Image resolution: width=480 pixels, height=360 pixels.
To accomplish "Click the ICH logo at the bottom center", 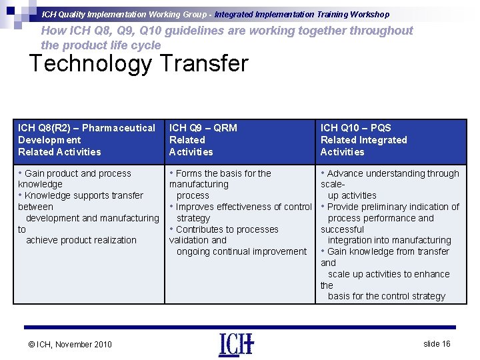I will [236, 344].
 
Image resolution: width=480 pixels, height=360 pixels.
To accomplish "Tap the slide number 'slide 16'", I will [437, 343].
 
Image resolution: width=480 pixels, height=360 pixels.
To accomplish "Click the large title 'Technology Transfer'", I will [139, 64].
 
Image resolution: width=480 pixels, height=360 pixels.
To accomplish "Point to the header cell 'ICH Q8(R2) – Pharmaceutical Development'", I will [87, 133].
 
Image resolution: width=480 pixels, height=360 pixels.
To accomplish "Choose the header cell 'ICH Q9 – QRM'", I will [203, 128].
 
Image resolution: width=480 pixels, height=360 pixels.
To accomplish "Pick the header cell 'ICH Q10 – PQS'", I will [356, 128].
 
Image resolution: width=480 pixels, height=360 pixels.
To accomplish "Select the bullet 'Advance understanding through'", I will [393, 173].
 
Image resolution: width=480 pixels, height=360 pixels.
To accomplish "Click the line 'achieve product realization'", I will [81, 240].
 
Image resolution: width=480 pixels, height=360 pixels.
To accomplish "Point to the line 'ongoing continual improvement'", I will [241, 251].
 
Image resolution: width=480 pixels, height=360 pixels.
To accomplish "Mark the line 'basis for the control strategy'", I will [386, 296].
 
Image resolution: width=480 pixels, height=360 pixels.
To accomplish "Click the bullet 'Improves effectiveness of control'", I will [243, 207].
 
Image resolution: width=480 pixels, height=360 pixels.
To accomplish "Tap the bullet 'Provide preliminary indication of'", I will [393, 207].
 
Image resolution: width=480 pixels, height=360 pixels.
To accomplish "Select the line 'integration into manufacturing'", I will [389, 240].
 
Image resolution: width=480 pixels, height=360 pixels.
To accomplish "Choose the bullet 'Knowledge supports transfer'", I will [83, 195].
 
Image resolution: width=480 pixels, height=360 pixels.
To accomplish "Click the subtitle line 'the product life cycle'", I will [101, 45].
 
